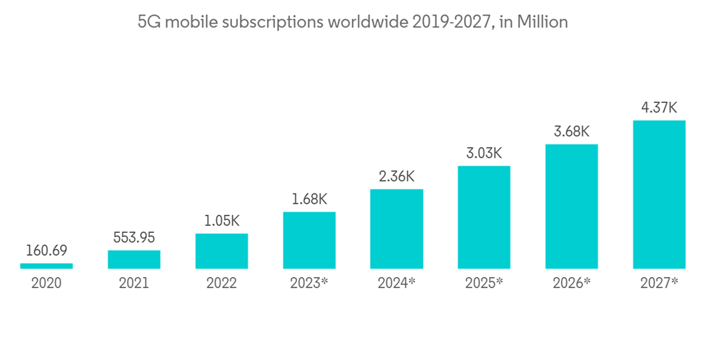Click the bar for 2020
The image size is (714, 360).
tap(46, 266)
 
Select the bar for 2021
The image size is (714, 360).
tap(134, 259)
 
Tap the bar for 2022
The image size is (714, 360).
tap(221, 251)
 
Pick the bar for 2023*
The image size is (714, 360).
tap(309, 240)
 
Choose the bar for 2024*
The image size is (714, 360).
tap(396, 229)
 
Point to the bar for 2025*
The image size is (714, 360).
tap(484, 217)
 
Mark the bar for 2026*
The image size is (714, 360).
tap(571, 206)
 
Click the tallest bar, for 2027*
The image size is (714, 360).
tap(659, 194)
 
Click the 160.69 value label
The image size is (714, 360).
tap(46, 251)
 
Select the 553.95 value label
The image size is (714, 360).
tap(134, 238)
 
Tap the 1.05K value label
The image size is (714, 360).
tap(221, 221)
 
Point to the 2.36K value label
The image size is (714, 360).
tap(396, 176)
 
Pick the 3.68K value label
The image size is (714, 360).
tap(571, 131)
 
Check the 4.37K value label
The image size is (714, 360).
tap(659, 108)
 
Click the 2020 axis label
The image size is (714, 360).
tap(46, 283)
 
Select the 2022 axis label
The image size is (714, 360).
tap(221, 283)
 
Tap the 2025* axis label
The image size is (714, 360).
tap(484, 283)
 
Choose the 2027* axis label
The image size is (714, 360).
tap(659, 283)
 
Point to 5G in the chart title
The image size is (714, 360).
tap(147, 22)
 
